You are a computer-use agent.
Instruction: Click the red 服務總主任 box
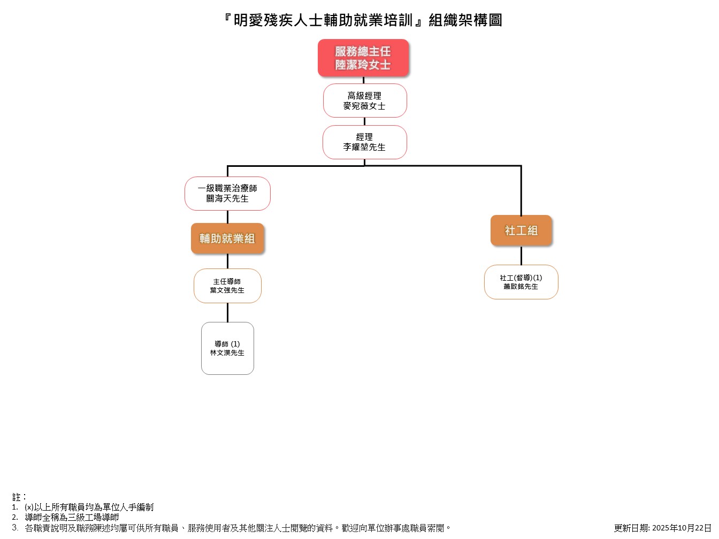click(x=363, y=57)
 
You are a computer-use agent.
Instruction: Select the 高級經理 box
click(x=365, y=101)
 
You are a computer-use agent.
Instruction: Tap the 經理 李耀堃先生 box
click(x=365, y=142)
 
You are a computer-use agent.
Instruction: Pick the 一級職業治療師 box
click(x=227, y=193)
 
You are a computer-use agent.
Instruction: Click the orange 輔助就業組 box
click(x=227, y=238)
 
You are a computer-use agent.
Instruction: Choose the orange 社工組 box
click(x=521, y=230)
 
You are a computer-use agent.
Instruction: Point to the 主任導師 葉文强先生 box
click(x=227, y=286)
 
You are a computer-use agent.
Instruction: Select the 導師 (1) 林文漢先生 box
click(x=227, y=348)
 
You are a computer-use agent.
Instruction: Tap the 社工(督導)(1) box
click(x=521, y=282)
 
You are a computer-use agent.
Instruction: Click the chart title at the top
click(x=363, y=20)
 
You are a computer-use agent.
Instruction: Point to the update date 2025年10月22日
click(x=662, y=528)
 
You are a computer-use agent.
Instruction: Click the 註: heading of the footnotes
click(x=19, y=497)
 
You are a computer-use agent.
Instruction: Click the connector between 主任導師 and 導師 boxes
click(x=227, y=312)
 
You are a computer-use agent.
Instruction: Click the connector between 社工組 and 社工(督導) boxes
click(x=521, y=256)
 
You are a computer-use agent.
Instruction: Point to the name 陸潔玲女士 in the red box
click(x=363, y=65)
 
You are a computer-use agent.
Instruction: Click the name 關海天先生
click(x=227, y=199)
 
